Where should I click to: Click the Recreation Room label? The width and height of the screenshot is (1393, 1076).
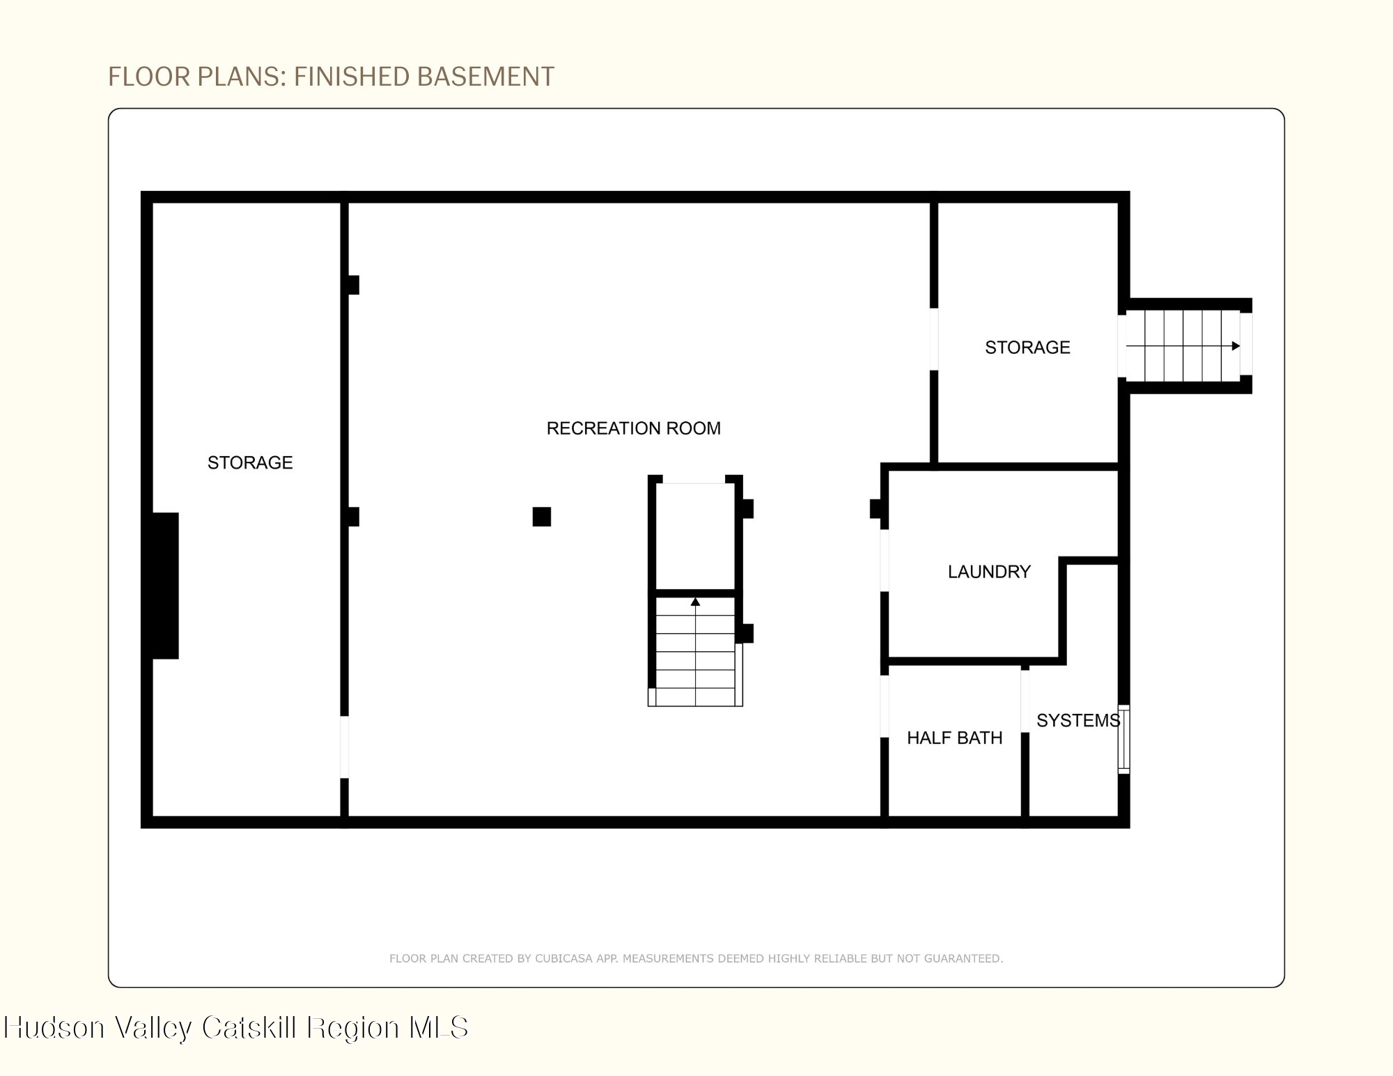pos(633,428)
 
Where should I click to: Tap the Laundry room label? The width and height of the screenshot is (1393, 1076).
pos(989,572)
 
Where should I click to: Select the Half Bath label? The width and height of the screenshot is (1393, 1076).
pos(954,738)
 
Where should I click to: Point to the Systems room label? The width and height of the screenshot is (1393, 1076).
pos(1078,720)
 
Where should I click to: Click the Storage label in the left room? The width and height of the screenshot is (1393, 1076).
pos(250,462)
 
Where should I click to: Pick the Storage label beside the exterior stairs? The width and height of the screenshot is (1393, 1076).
pos(1027,348)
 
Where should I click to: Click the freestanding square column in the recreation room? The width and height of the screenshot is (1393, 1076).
pos(542,517)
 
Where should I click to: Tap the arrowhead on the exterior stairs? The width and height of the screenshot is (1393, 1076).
pos(1236,346)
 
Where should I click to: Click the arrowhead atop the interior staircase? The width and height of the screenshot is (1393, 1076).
pos(695,602)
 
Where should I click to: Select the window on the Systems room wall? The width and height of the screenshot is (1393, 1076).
pos(1123,739)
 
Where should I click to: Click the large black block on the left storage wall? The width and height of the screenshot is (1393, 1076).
pos(165,586)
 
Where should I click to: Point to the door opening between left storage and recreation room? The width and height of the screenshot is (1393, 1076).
pos(344,747)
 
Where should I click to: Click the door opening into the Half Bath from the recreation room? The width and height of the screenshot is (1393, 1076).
pos(885,706)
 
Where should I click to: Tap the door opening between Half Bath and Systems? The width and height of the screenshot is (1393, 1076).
pos(1025,701)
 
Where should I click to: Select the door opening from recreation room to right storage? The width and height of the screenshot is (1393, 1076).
pos(934,339)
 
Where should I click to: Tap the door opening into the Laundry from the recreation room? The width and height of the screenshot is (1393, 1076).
pos(885,561)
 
